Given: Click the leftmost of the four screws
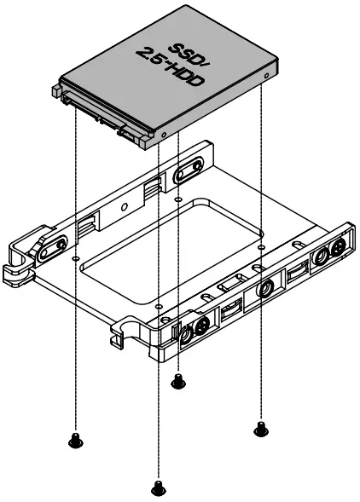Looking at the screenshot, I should [74, 440].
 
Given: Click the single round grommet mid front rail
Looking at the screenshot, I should [263, 291].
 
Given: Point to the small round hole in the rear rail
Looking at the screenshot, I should [125, 205].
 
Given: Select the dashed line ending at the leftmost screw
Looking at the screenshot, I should [75, 341].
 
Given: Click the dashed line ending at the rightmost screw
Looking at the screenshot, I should [260, 341].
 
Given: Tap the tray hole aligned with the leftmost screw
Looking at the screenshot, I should [75, 255].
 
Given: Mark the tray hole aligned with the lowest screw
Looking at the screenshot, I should [158, 302].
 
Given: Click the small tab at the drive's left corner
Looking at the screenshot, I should [56, 88].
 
